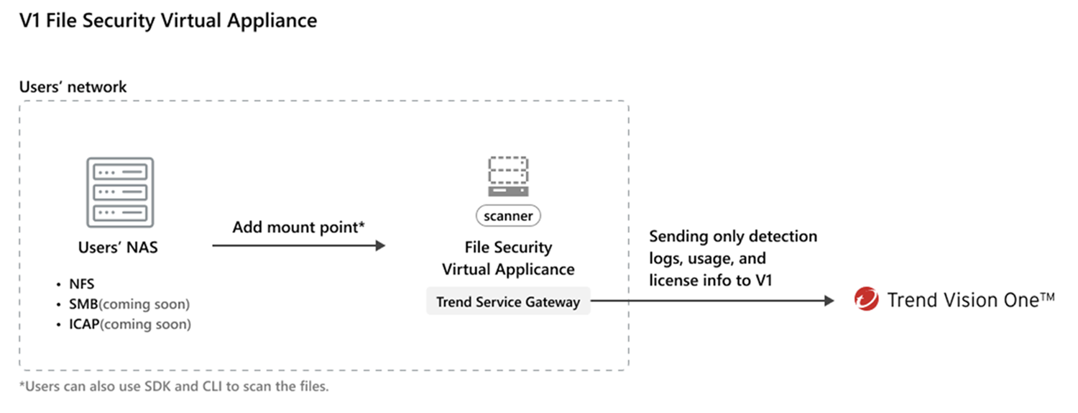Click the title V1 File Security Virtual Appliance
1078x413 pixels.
[x=168, y=21]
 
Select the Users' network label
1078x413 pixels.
[x=73, y=87]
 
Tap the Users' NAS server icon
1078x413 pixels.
[x=120, y=193]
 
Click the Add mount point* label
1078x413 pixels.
[x=299, y=227]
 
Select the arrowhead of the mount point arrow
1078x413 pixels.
[x=380, y=246]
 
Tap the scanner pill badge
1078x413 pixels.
[x=508, y=215]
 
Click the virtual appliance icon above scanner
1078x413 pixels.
[x=508, y=176]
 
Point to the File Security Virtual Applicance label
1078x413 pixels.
[x=508, y=258]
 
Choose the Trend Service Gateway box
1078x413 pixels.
[x=508, y=302]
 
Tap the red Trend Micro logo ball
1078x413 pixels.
[x=867, y=299]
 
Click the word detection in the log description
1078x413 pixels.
[x=783, y=237]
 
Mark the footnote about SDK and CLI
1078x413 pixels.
[x=174, y=386]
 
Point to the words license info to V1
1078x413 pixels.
[x=710, y=280]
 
